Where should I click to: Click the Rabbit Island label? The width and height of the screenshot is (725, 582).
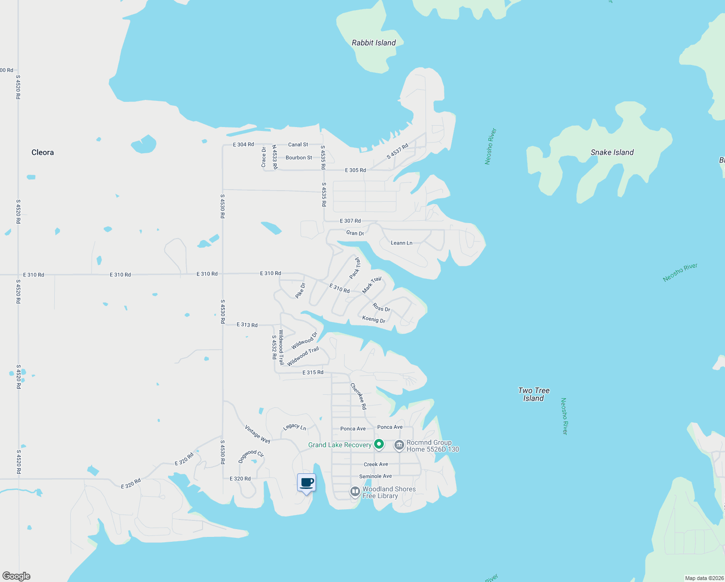point(374,43)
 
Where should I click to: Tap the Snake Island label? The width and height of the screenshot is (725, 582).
point(612,152)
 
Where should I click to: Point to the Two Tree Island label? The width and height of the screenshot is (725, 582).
point(534,394)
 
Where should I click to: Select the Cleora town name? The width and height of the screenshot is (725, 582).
point(43,152)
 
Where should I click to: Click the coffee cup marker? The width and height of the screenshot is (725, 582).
point(306,483)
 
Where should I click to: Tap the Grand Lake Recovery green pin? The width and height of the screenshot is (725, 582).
point(379,444)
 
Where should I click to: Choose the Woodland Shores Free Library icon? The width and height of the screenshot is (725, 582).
point(355,492)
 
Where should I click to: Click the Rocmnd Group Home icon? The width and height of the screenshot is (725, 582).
point(399,445)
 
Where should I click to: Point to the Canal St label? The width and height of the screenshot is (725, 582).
point(298,145)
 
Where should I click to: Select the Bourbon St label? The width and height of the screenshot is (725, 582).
point(299,158)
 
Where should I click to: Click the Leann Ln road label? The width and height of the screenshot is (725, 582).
point(401,243)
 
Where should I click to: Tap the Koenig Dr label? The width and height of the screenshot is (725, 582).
point(374,319)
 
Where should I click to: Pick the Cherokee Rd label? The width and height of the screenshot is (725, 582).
point(359,396)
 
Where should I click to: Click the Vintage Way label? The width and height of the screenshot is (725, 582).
point(257,434)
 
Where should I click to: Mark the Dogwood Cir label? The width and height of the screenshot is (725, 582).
point(251,455)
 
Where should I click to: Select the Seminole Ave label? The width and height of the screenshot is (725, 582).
point(375,476)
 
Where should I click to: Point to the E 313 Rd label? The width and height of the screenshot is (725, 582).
point(247,325)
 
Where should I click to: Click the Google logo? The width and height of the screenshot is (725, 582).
point(16,576)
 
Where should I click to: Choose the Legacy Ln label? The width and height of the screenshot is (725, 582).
point(294,427)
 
